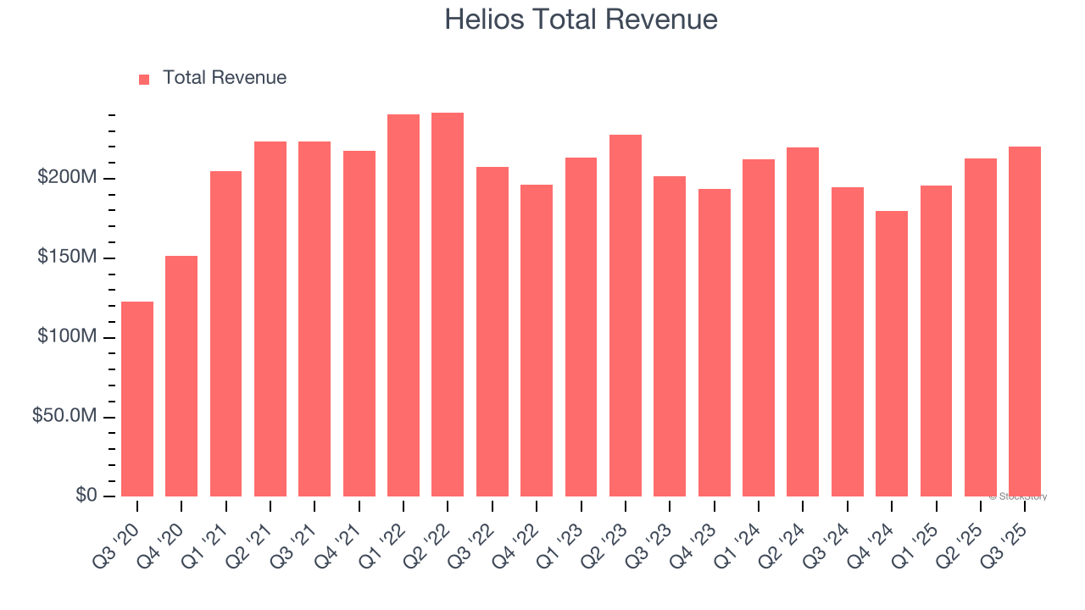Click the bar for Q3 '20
point(137,398)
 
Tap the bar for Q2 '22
point(448,304)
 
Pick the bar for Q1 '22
point(403,305)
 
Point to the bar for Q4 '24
point(892,353)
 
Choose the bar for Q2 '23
point(626,315)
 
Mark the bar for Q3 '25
point(1025,321)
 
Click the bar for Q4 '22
point(537,340)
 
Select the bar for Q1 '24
point(759,327)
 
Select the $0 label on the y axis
point(86,496)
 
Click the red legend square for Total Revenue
point(144,79)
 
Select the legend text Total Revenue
point(225,78)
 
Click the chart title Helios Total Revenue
point(581,19)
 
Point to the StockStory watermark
point(1018,496)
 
